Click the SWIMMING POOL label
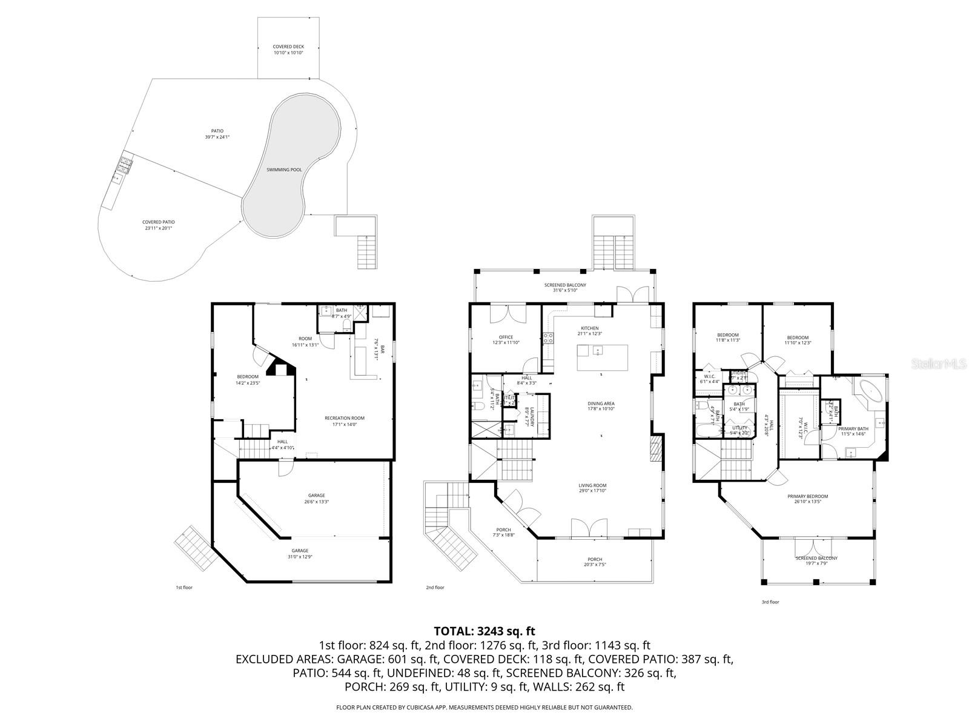pyautogui.click(x=284, y=170)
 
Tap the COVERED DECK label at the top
pyautogui.click(x=288, y=50)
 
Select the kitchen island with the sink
pyautogui.click(x=602, y=357)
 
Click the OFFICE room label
pyautogui.click(x=506, y=340)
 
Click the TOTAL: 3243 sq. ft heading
pyautogui.click(x=484, y=631)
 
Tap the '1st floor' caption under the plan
pyautogui.click(x=184, y=587)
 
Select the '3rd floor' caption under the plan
pyautogui.click(x=770, y=602)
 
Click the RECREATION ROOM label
pyautogui.click(x=345, y=420)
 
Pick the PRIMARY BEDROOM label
pyautogui.click(x=807, y=499)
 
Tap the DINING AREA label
pyautogui.click(x=601, y=406)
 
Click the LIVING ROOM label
pyautogui.click(x=592, y=488)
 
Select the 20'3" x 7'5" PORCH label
pyautogui.click(x=595, y=562)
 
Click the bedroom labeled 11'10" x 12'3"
pyautogui.click(x=798, y=340)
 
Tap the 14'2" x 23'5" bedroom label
pyautogui.click(x=247, y=379)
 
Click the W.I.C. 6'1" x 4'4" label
pyautogui.click(x=710, y=379)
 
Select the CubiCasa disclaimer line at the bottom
pyautogui.click(x=484, y=707)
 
